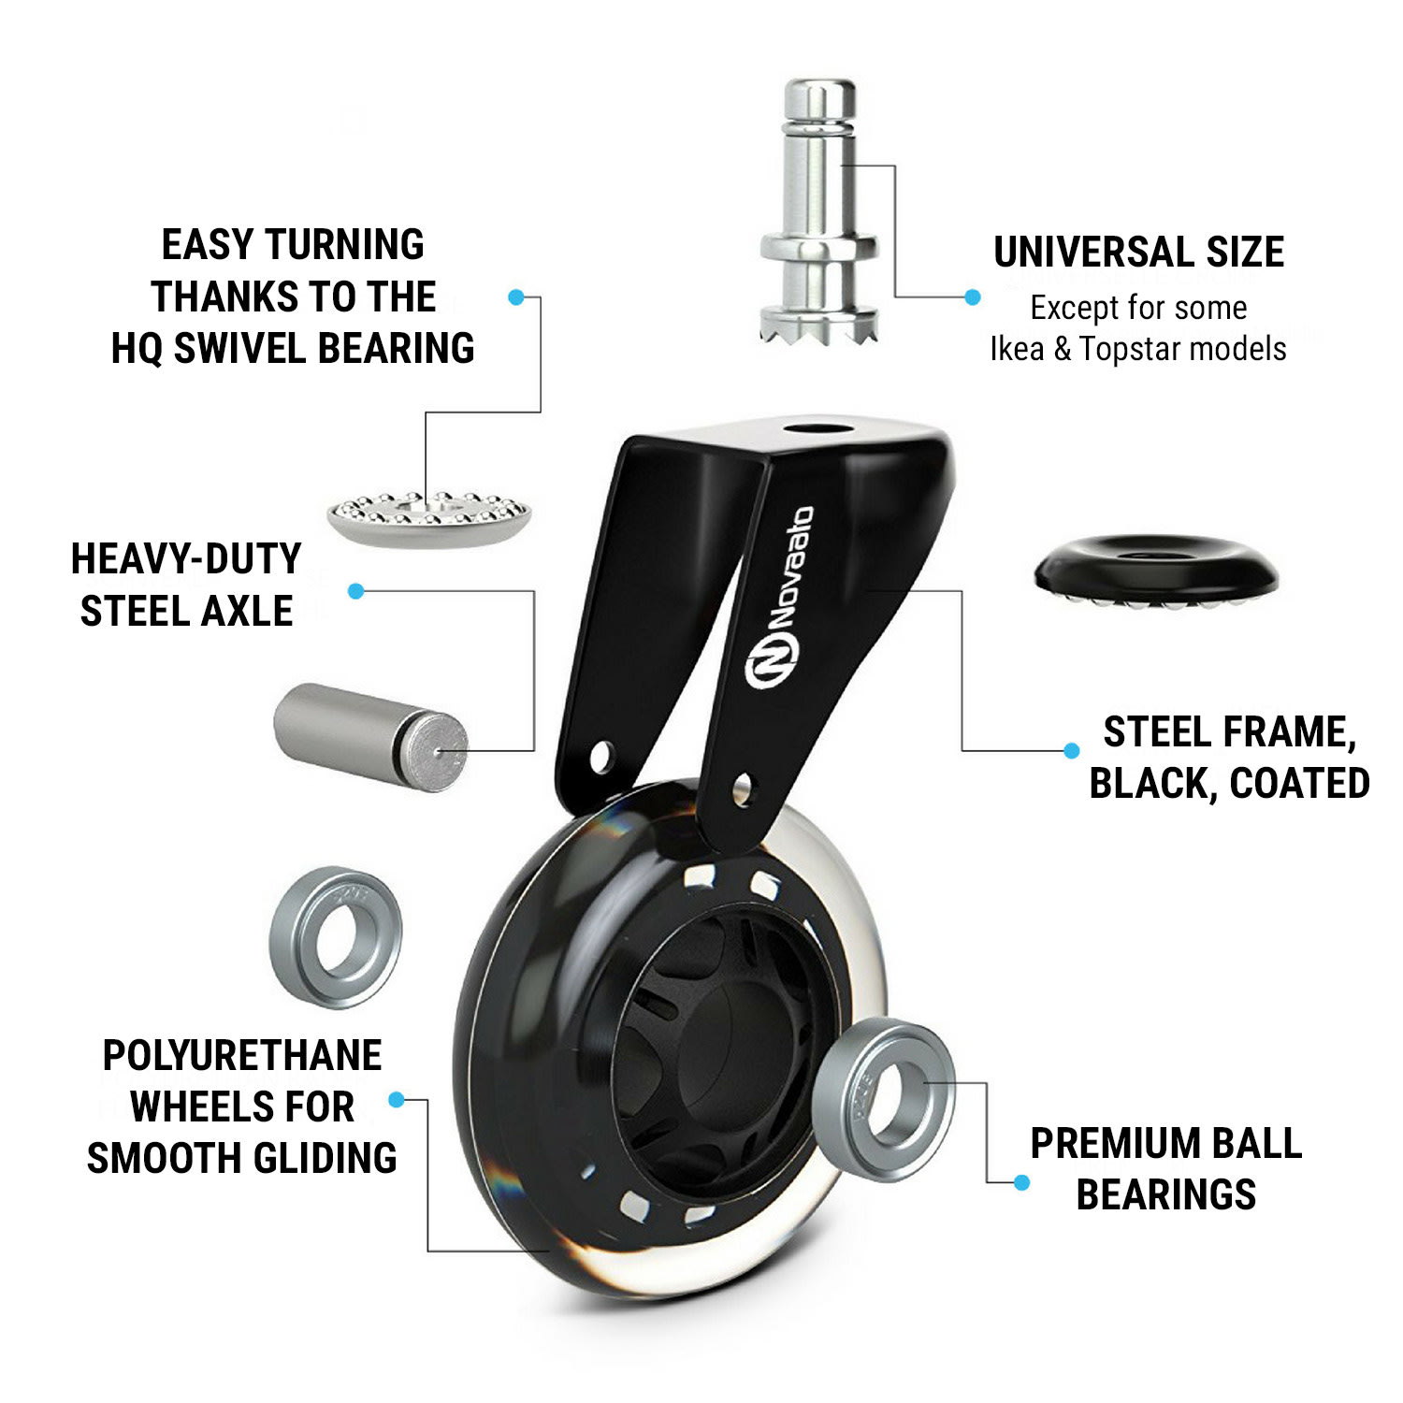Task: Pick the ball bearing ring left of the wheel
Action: [x=336, y=937]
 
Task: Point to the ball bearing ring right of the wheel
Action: [x=883, y=1090]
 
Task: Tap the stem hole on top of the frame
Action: [x=812, y=431]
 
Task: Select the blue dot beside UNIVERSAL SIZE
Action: [x=973, y=297]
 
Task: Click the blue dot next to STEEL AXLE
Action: [x=355, y=591]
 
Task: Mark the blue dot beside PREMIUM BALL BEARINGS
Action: [x=1021, y=1183]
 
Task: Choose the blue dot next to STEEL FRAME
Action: [x=1072, y=750]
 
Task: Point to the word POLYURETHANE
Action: [x=242, y=1056]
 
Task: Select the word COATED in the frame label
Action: [x=1299, y=784]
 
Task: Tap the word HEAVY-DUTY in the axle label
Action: [x=186, y=559]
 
